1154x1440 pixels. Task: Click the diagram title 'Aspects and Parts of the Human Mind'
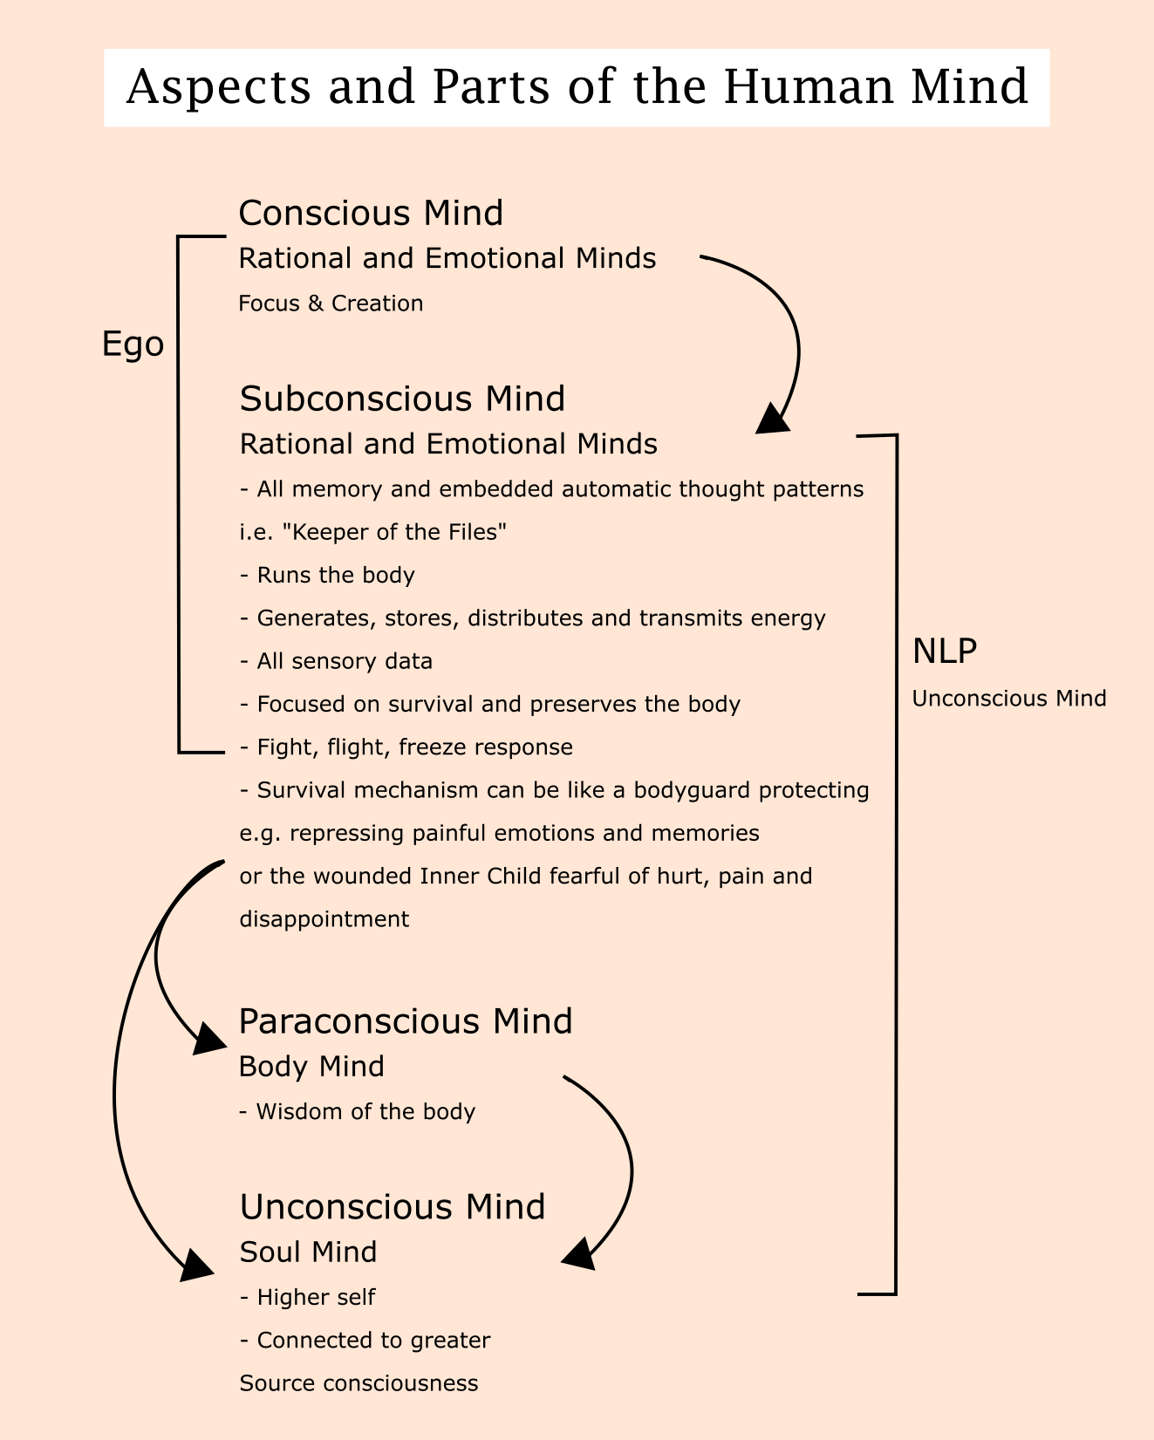point(577,88)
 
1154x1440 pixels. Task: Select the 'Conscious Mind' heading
point(371,214)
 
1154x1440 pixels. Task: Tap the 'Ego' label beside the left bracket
point(133,345)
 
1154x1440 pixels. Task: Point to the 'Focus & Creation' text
point(331,304)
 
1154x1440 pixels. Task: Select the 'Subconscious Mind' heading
point(402,399)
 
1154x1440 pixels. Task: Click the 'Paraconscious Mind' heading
point(406,1021)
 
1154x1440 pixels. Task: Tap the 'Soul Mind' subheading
point(308,1252)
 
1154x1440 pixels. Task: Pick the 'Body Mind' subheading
point(311,1067)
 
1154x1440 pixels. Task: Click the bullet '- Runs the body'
point(327,576)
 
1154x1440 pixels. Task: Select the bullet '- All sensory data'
point(336,661)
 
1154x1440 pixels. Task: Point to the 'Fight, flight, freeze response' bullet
point(406,747)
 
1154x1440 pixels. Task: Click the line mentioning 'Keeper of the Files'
point(373,532)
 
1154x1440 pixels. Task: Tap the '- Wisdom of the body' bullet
point(358,1112)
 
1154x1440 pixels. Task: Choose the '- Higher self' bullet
point(307,1298)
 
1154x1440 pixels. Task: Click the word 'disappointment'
point(324,919)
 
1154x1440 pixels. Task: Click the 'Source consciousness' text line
point(358,1383)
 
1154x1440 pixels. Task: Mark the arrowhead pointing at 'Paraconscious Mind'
point(209,1041)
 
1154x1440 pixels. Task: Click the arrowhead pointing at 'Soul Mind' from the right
point(578,1254)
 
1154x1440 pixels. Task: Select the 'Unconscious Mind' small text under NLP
point(1009,699)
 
